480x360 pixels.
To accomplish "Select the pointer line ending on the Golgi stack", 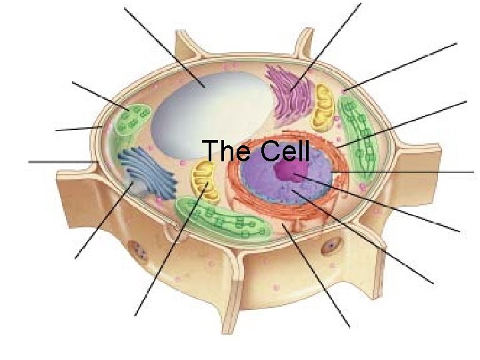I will [327, 47].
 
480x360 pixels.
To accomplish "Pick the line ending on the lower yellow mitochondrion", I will [170, 250].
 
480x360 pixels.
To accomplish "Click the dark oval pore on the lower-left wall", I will [139, 252].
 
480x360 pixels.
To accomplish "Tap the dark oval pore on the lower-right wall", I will [331, 247].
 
